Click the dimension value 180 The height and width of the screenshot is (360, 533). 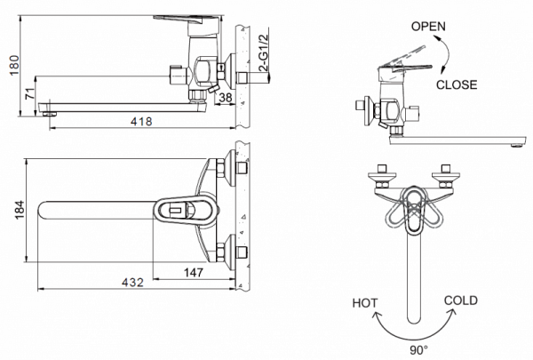[x=12, y=66]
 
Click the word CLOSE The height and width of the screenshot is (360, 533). [x=457, y=85]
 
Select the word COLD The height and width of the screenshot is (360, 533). [x=460, y=301]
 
